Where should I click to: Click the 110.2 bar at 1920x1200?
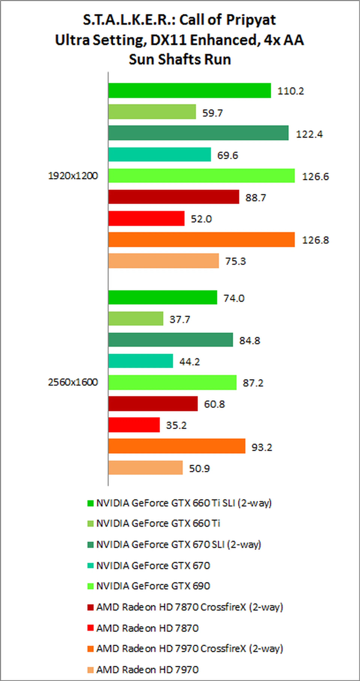(x=190, y=90)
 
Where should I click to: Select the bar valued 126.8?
(x=201, y=239)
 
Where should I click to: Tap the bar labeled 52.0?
(x=146, y=218)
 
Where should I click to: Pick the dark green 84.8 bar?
(x=170, y=340)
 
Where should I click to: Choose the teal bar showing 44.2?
(x=141, y=361)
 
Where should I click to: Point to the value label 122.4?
(x=309, y=134)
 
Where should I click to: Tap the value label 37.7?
(x=180, y=319)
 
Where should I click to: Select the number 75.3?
(x=235, y=261)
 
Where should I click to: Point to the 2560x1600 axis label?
(x=73, y=382)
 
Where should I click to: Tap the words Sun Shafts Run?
(x=180, y=59)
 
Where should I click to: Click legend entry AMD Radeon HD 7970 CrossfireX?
(x=190, y=649)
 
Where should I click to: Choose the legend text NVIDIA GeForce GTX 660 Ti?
(x=158, y=523)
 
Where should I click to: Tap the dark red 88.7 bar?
(x=174, y=197)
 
